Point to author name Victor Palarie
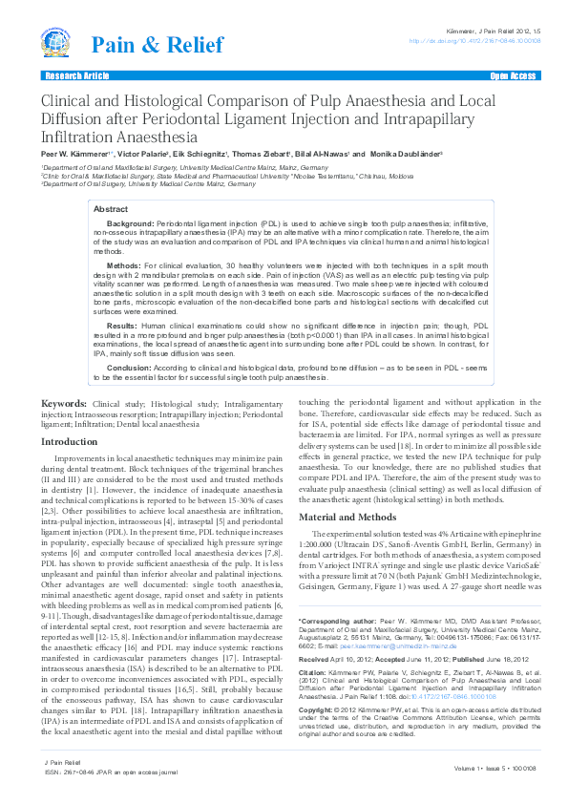point(143,153)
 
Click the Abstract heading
point(111,208)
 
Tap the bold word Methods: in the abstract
point(124,264)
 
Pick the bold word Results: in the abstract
point(123,324)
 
